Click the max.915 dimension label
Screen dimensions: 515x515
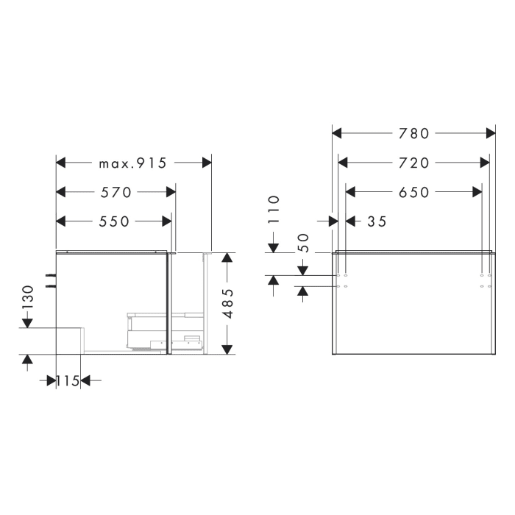[x=133, y=163]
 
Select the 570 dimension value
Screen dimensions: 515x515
[x=116, y=193]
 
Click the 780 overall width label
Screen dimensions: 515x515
[x=413, y=133]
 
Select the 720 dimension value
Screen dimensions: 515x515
[x=413, y=163]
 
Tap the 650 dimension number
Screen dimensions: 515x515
[x=413, y=192]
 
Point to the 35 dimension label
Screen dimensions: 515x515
[x=375, y=221]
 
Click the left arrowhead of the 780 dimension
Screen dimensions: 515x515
[x=337, y=133]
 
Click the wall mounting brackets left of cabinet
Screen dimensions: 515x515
[x=51, y=280]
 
